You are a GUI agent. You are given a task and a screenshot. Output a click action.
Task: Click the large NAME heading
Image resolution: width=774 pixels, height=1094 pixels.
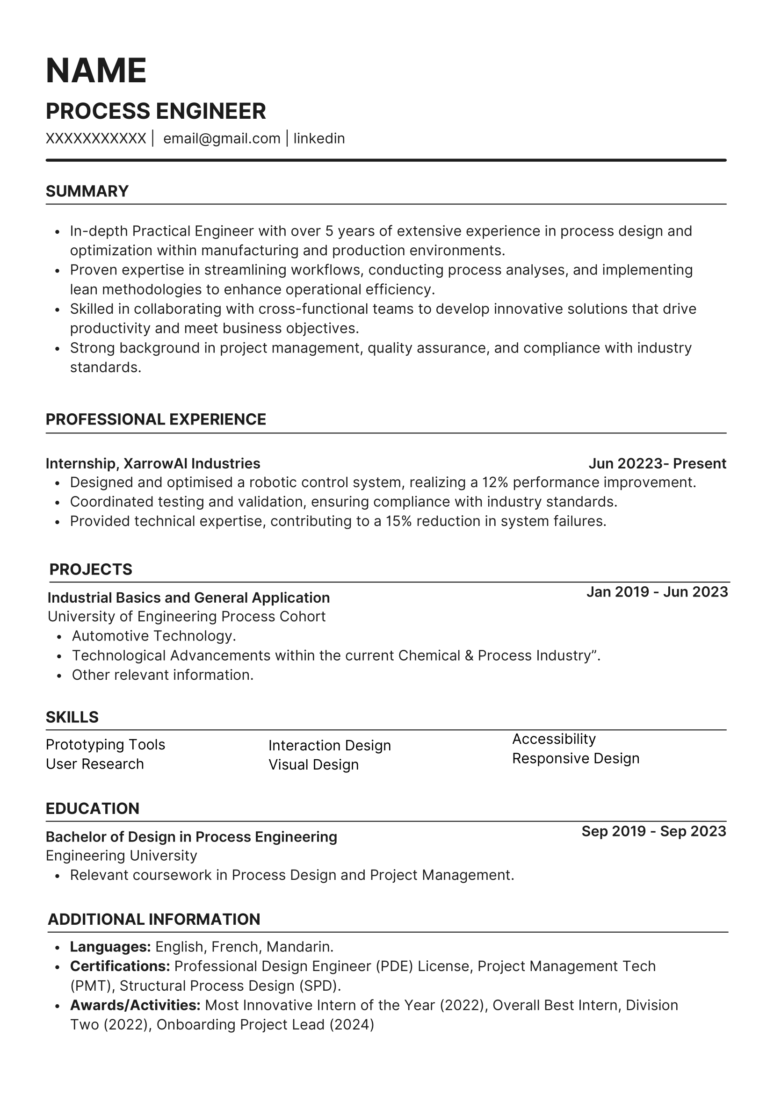96,71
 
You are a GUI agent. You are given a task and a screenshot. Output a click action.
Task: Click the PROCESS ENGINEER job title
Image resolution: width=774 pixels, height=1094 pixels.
156,111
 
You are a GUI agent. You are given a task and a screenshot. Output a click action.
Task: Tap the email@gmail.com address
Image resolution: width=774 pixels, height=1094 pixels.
222,139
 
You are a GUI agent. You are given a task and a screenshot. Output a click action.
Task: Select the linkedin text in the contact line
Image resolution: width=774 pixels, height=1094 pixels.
319,139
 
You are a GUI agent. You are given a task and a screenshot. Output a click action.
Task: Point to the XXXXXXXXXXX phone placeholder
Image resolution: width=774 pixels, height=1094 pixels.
96,139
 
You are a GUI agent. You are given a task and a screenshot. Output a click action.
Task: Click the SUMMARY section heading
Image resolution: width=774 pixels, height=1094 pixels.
87,191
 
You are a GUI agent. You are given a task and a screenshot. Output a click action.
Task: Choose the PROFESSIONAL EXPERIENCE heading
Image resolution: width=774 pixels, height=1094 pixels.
156,419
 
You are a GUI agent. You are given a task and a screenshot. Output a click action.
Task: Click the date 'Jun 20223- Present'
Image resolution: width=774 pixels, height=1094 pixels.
657,463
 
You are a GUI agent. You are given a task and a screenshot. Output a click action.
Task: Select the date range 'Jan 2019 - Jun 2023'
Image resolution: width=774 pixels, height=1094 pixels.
657,592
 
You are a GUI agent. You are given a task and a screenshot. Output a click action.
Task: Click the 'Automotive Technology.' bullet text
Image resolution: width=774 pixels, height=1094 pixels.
154,636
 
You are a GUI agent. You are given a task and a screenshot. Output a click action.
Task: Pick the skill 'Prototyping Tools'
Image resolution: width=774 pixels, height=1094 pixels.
105,744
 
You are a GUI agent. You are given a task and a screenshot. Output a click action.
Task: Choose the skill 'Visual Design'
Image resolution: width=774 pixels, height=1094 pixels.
314,764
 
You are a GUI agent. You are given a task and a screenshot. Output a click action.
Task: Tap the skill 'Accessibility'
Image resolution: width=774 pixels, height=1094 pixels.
554,739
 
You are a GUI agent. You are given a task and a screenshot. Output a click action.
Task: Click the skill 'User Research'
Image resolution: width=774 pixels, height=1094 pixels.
95,764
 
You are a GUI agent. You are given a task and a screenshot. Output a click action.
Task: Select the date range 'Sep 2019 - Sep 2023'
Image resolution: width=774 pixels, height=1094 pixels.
654,831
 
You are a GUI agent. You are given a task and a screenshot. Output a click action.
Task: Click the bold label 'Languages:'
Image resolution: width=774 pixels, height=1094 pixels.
110,946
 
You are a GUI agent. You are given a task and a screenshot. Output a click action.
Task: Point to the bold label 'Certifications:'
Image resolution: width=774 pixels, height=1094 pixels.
120,966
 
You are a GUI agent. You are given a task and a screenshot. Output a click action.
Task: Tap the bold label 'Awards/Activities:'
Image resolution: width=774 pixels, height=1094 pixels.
135,1005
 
